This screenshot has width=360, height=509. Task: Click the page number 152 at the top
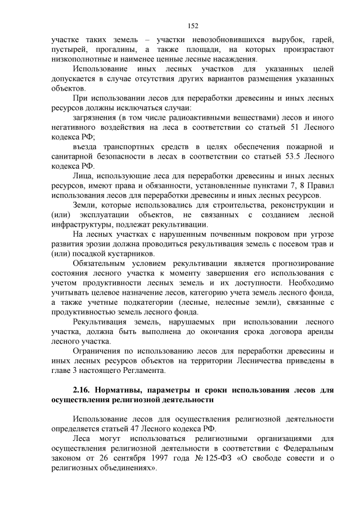pos(193,25)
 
